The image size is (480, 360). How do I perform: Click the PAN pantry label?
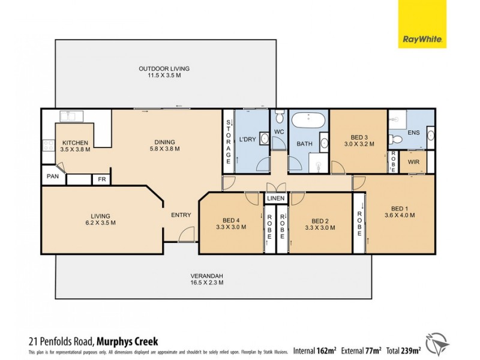tap(53, 177)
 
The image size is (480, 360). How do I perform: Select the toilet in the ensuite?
tap(394, 140)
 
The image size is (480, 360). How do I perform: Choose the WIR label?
tap(413, 161)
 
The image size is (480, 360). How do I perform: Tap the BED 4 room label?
tap(230, 220)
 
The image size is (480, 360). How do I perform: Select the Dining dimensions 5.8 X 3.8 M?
tap(165, 149)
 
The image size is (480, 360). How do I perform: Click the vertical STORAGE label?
tap(228, 143)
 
